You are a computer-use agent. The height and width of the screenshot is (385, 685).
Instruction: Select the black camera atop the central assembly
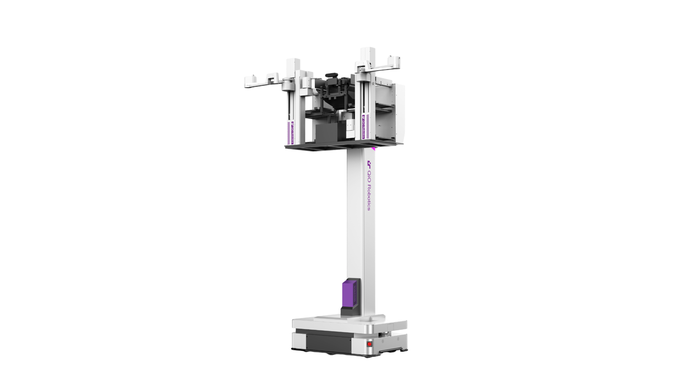[x=332, y=75]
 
